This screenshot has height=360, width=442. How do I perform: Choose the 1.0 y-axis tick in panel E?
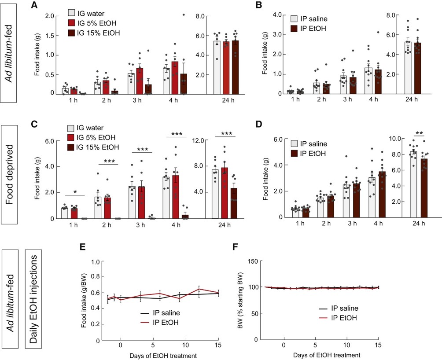(x=93, y=261)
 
